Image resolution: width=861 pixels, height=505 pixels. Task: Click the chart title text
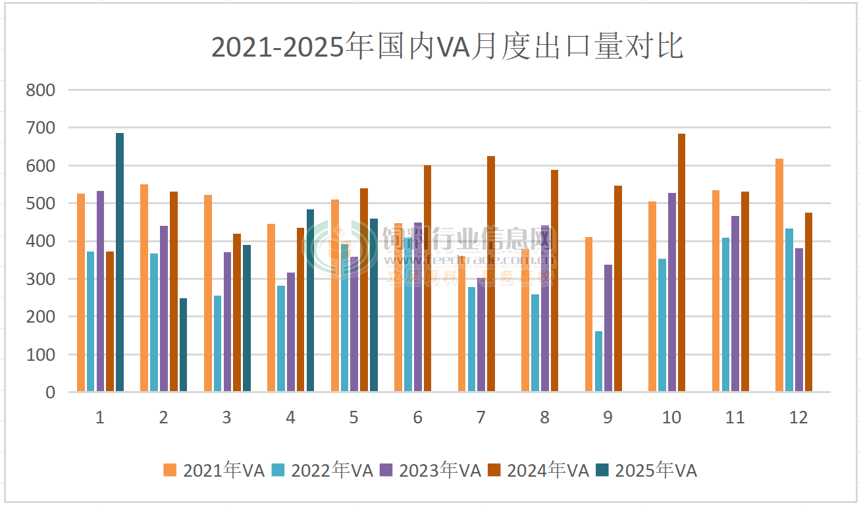[x=447, y=47]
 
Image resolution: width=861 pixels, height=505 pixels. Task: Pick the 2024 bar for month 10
[x=681, y=263]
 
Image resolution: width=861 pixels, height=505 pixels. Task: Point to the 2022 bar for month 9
[x=598, y=361]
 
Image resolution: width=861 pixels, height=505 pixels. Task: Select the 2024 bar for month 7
[x=491, y=274]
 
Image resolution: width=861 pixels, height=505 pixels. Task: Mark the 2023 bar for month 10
[x=671, y=292]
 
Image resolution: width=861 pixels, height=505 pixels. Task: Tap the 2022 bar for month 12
[x=789, y=310]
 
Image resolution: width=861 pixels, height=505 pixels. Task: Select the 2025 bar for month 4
[x=310, y=300]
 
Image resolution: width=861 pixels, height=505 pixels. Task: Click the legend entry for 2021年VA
[x=215, y=470]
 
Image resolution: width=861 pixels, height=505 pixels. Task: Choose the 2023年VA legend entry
[x=430, y=470]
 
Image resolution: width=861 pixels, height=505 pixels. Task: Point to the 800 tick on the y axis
[x=41, y=90]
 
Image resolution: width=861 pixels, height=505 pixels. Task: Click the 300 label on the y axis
[x=41, y=279]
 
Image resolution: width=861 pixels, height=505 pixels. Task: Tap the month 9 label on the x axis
[x=608, y=417]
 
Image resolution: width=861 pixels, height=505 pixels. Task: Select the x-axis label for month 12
[x=798, y=417]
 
